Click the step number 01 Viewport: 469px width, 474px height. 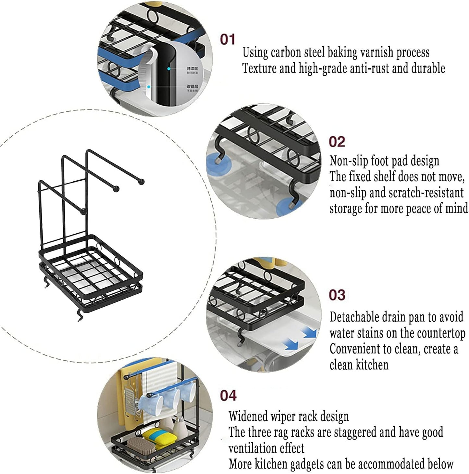click(228, 39)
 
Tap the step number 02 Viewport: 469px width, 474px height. click(337, 142)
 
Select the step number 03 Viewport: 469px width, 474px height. click(337, 295)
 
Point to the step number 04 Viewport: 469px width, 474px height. click(228, 395)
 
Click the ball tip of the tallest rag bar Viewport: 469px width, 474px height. click(141, 182)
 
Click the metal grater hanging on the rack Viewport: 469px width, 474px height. click(130, 403)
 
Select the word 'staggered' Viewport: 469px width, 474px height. click(355, 433)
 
